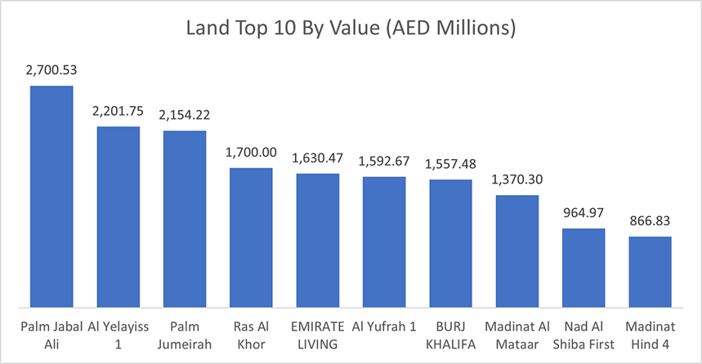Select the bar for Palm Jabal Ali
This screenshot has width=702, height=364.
51,197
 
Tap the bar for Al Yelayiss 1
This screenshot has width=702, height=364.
118,217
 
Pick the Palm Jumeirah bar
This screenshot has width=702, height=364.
185,219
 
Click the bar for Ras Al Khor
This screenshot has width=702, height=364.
251,237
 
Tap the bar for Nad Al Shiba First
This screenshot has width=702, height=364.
584,268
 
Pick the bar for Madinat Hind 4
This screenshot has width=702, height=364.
650,272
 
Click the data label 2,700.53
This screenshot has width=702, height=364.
51,72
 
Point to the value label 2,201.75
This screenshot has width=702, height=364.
118,113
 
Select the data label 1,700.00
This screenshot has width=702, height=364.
251,153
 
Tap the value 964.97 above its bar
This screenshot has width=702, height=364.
584,215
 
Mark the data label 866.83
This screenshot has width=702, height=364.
650,222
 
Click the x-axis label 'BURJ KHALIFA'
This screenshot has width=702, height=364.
450,335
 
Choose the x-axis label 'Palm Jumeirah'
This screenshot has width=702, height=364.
185,335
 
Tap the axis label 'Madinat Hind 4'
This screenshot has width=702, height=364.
650,335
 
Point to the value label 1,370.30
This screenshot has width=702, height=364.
516,180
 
